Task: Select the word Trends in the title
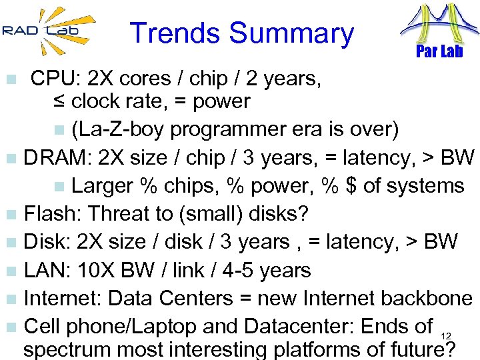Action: pos(175,33)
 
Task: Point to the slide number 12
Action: pos(447,335)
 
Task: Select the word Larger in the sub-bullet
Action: pos(101,186)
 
